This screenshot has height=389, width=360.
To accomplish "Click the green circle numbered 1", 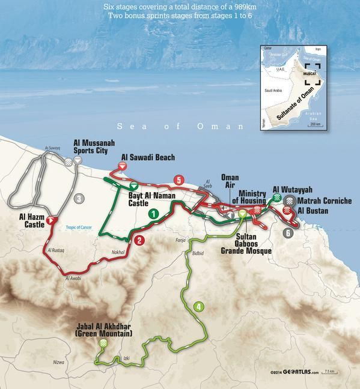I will [x=153, y=213].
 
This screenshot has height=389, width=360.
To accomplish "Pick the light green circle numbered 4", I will [x=199, y=307].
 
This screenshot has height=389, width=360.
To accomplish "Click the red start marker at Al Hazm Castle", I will [x=52, y=220].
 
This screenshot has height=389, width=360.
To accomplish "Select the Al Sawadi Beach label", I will [x=148, y=158].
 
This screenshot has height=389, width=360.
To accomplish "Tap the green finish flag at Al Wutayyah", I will [x=276, y=198].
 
